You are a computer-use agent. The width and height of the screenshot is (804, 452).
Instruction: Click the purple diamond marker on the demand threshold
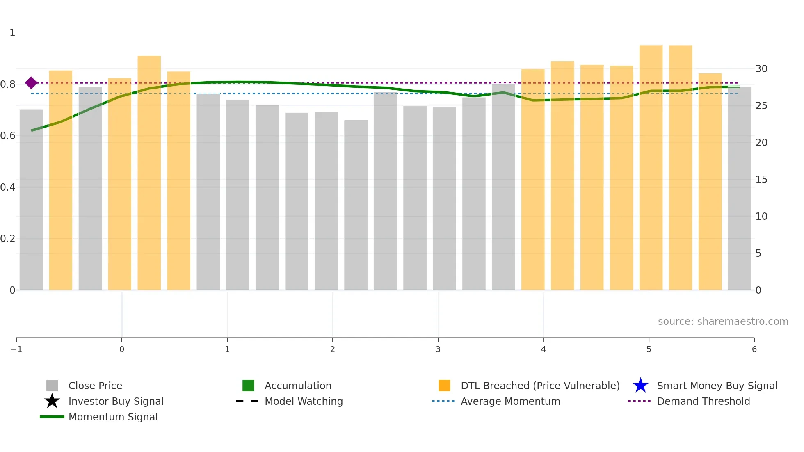pyautogui.click(x=31, y=83)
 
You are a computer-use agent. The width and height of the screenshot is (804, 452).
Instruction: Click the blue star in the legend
pyautogui.click(x=640, y=386)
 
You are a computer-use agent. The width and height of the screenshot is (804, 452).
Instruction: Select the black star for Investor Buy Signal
pyautogui.click(x=52, y=401)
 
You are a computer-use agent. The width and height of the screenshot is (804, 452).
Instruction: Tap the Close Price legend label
pyautogui.click(x=95, y=386)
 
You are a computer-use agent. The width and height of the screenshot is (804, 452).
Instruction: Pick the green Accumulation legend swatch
pyautogui.click(x=248, y=386)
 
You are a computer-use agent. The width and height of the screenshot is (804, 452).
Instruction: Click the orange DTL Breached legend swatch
pyautogui.click(x=444, y=386)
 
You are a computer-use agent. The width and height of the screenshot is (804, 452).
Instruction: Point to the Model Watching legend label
pyautogui.click(x=304, y=401)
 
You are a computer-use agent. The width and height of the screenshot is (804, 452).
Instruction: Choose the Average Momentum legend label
pyautogui.click(x=510, y=401)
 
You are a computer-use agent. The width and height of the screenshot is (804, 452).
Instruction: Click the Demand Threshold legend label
pyautogui.click(x=703, y=401)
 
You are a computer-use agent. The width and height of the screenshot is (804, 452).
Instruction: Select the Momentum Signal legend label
pyautogui.click(x=113, y=417)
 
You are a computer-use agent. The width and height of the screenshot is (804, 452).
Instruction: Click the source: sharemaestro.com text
pyautogui.click(x=723, y=321)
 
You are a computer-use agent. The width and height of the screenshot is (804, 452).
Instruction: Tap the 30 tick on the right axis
pyautogui.click(x=761, y=69)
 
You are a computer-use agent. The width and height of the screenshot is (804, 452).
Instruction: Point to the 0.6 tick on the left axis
pyautogui.click(x=8, y=136)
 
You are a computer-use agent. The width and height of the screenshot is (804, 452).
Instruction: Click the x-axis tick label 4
pyautogui.click(x=544, y=349)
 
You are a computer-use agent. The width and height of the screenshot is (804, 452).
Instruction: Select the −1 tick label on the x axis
pyautogui.click(x=16, y=349)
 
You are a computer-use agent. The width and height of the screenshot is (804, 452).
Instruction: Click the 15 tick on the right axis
pyautogui.click(x=761, y=180)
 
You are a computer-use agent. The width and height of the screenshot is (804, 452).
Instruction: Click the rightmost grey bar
pyautogui.click(x=739, y=189)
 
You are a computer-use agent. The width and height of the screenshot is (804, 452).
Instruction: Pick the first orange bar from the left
pyautogui.click(x=61, y=180)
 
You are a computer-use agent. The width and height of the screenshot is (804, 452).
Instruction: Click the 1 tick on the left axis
pyautogui.click(x=12, y=33)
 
